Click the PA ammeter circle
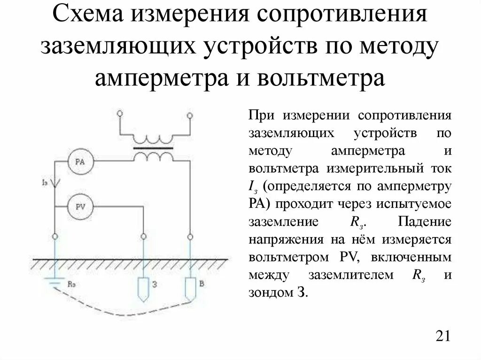[x=80, y=162]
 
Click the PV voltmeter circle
[x=80, y=206]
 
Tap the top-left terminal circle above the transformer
[x=120, y=114]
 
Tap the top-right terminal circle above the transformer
[x=190, y=115]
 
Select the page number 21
[x=443, y=337]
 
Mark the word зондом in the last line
[x=270, y=293]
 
